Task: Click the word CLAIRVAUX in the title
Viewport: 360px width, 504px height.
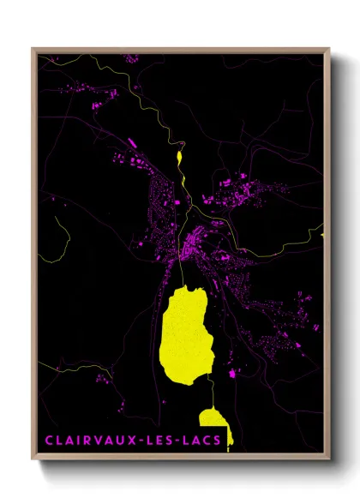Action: coord(94,441)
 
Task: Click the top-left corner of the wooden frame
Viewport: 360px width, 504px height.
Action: coord(33,49)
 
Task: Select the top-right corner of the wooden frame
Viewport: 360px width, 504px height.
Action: coord(329,49)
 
